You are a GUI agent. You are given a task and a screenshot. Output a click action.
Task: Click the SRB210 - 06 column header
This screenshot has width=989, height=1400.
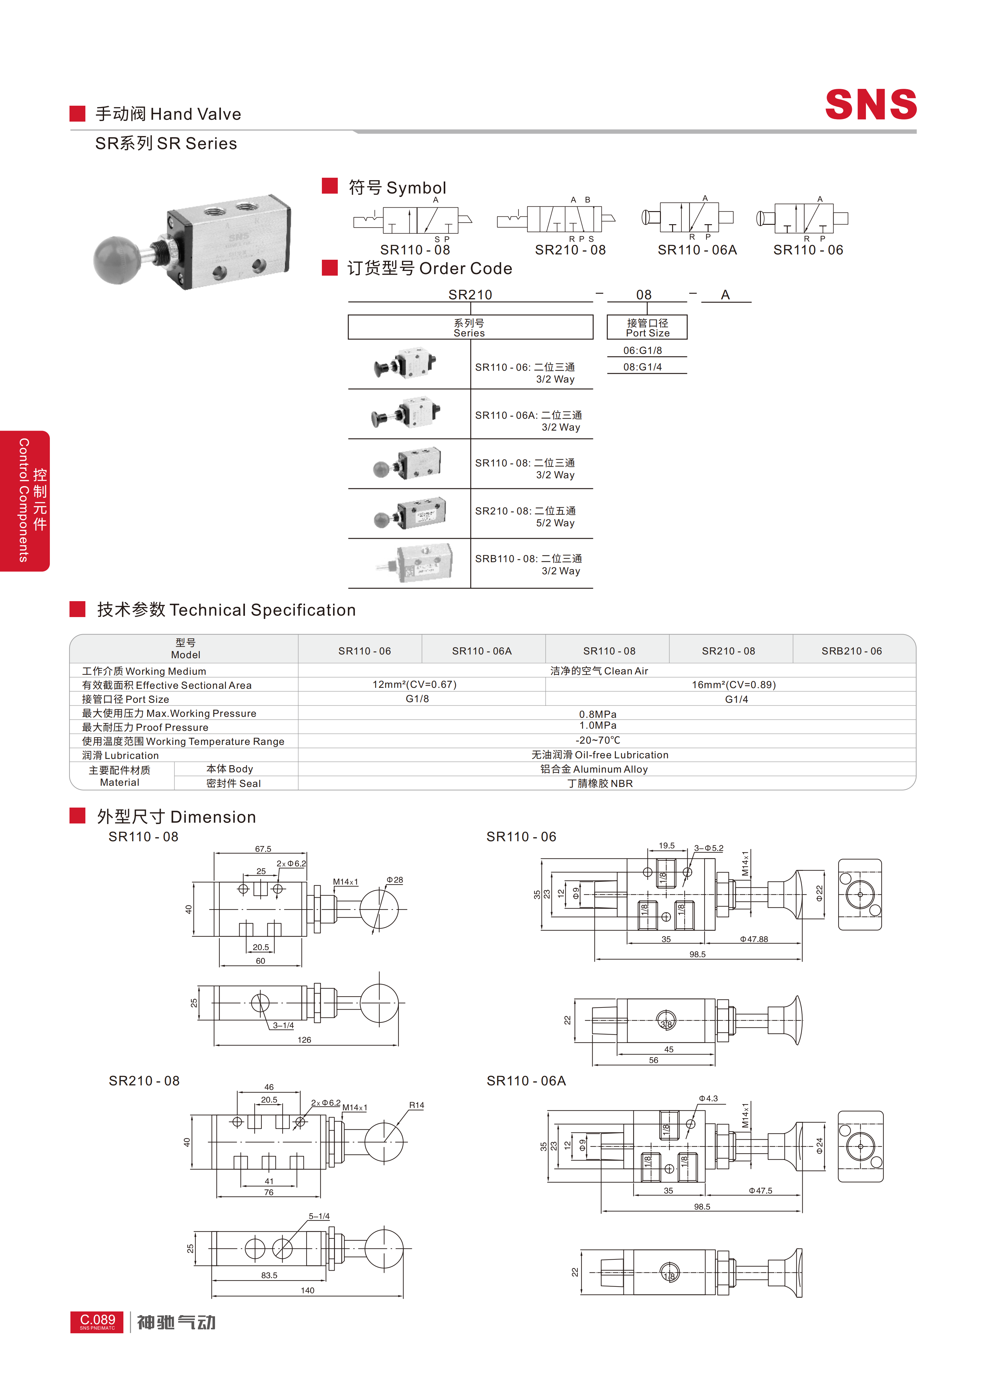coord(851,651)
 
